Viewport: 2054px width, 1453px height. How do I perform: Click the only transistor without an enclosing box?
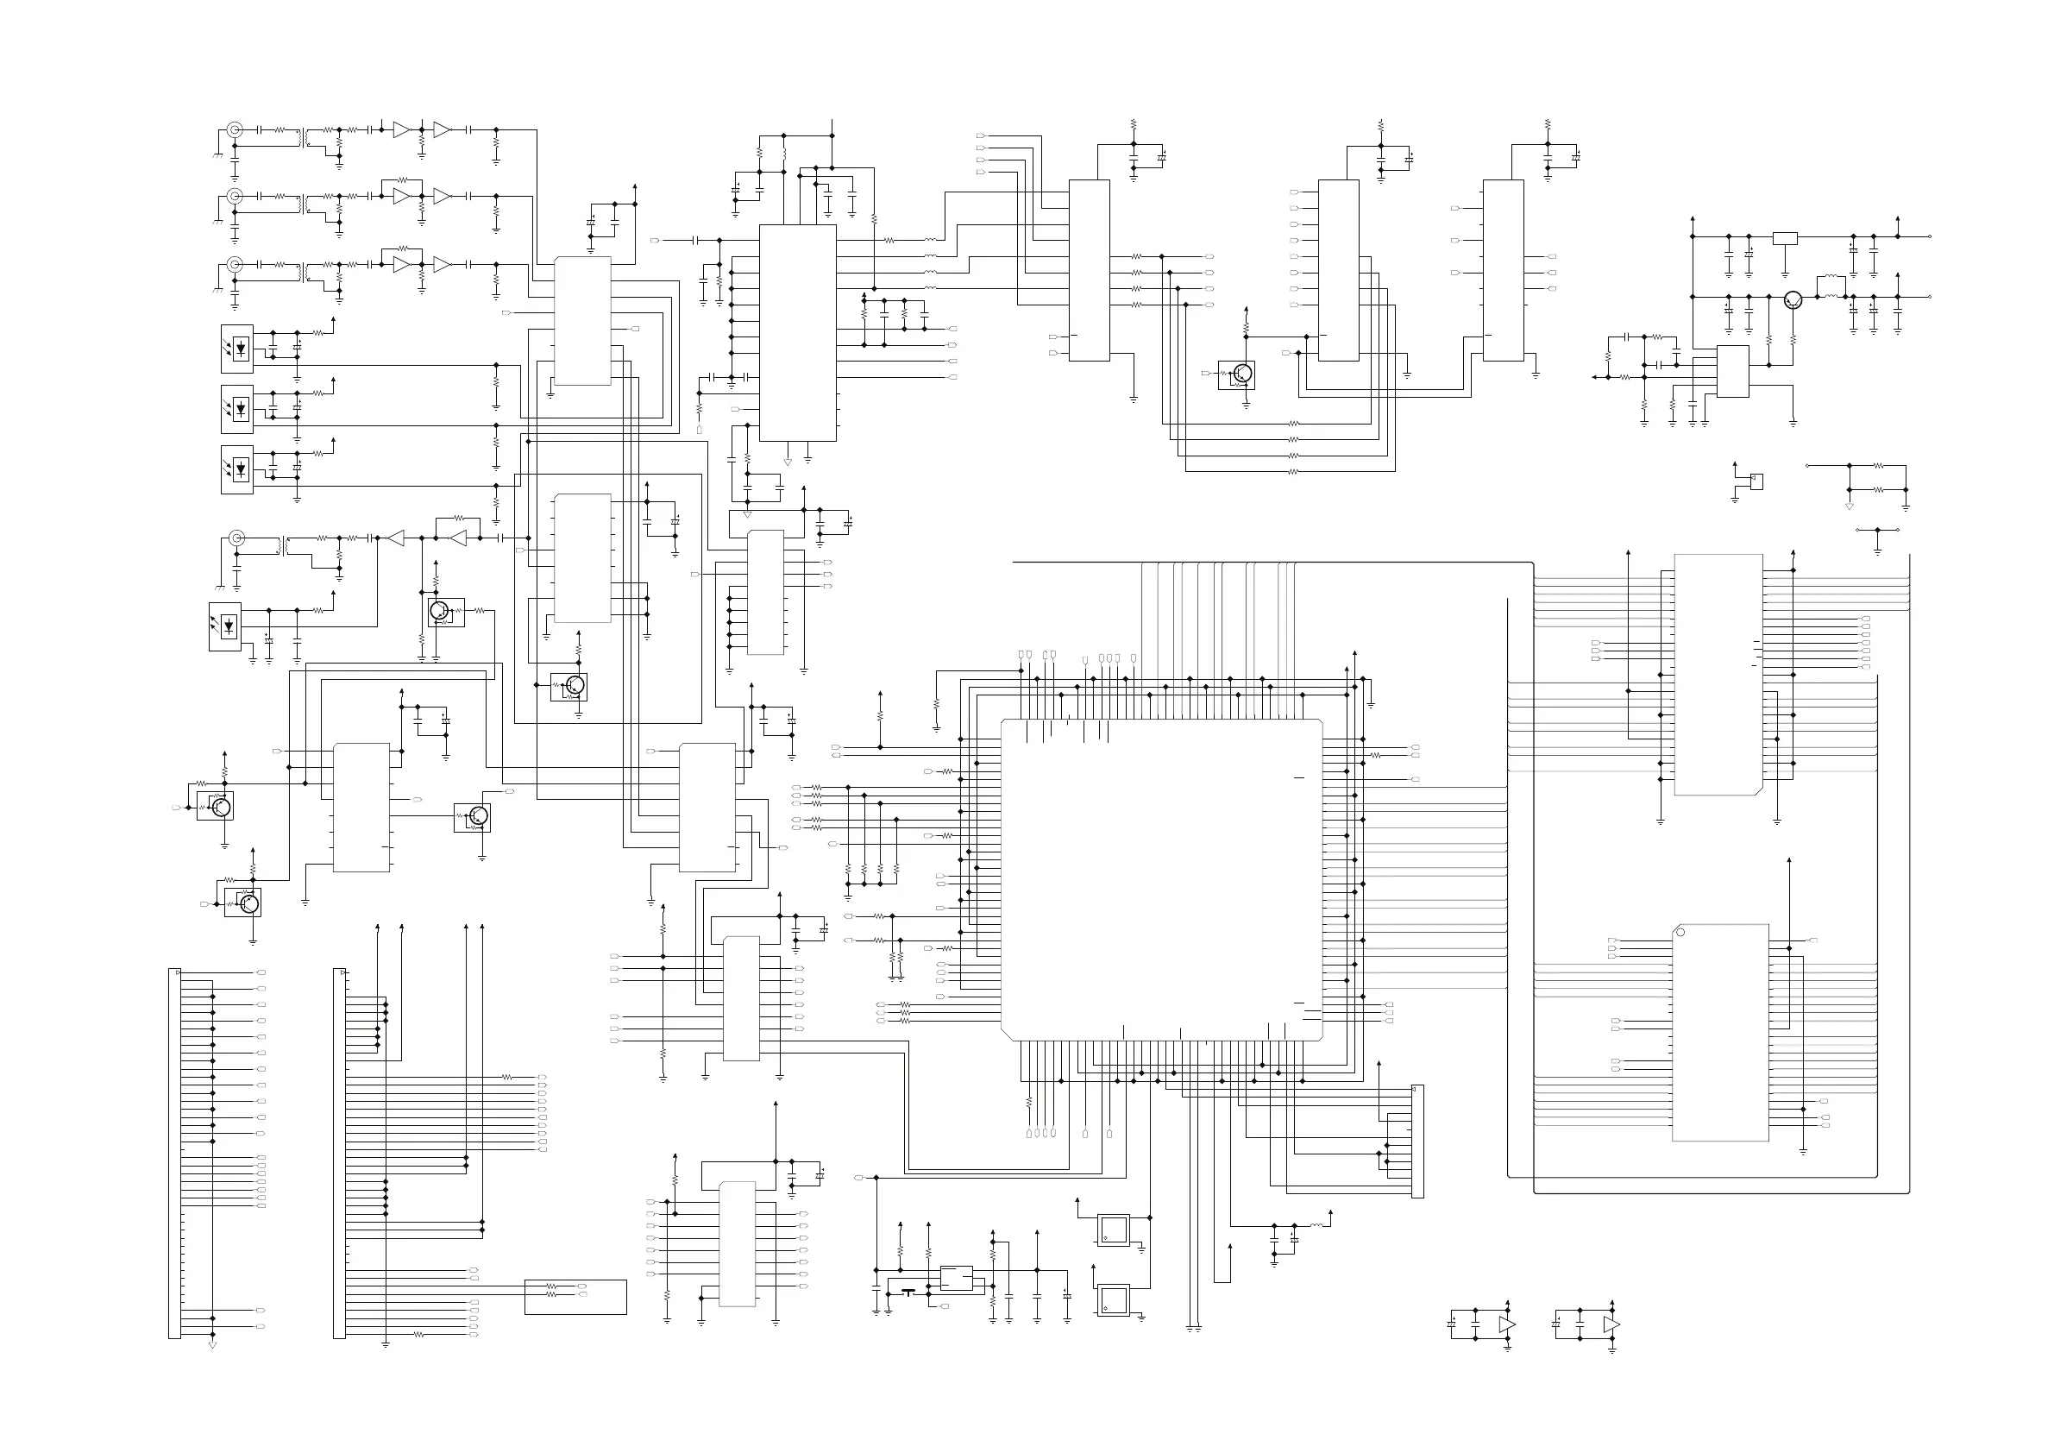pos(1792,299)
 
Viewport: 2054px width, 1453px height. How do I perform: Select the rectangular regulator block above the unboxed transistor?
pos(1785,238)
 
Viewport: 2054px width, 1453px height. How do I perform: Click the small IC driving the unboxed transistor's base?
pos(1733,371)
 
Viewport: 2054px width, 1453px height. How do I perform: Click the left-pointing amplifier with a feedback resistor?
pos(457,538)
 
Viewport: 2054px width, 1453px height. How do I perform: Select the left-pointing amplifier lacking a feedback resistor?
pos(394,538)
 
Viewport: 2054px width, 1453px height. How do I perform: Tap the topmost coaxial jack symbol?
pos(235,129)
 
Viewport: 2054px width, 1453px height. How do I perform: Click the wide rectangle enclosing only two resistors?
pos(575,1298)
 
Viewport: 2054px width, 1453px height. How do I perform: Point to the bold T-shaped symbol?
pos(909,1292)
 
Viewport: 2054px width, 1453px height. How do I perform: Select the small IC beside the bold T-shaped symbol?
pos(957,1279)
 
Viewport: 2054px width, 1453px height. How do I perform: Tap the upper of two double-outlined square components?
pos(1114,1230)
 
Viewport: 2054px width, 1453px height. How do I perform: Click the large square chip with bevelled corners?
pos(1161,879)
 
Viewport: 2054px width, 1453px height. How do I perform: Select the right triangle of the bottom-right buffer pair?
pos(1611,1324)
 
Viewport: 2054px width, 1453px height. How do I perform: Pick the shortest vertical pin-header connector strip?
pos(1417,1141)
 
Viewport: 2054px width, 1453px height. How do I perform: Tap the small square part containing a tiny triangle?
pos(1756,481)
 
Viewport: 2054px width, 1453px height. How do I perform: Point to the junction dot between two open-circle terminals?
pos(1877,530)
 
